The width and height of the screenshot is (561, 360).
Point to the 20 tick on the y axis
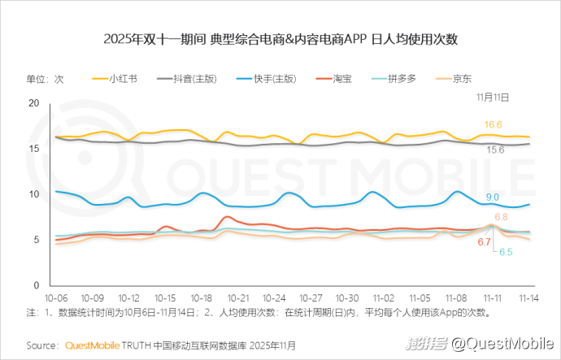point(34,103)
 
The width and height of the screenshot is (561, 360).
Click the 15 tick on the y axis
point(34,149)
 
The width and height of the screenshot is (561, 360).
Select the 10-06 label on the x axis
point(57,298)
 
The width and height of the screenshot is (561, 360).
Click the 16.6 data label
point(494,124)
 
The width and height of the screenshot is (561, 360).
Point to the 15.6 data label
point(495,150)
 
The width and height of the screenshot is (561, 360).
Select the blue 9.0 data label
point(493,197)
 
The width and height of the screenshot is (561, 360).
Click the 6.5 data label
point(505,253)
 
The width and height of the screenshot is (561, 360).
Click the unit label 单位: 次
point(45,79)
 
